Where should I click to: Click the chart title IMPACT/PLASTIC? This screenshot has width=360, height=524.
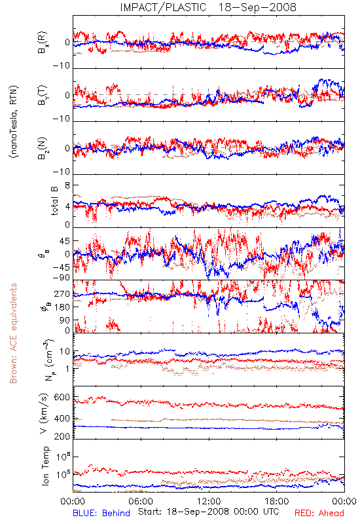coord(163,7)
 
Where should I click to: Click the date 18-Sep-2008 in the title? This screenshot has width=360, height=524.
coord(257,7)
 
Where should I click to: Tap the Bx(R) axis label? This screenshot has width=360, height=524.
coord(43,43)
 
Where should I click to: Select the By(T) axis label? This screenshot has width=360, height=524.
coord(43,95)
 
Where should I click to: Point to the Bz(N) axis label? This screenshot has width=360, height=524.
coord(43,148)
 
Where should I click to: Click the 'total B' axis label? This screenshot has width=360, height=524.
coord(54,201)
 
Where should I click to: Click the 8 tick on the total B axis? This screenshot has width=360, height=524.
coord(67,185)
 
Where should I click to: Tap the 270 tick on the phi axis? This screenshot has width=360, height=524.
coord(62,293)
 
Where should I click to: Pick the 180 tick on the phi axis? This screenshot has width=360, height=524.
coord(62,307)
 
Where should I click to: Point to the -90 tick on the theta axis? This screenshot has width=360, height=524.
coord(62,278)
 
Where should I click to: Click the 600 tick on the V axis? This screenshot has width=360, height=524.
coord(62,398)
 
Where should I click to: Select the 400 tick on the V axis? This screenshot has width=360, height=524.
coord(62,419)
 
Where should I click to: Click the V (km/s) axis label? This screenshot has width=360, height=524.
coord(44,413)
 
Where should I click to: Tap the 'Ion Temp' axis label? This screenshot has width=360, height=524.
coord(45,466)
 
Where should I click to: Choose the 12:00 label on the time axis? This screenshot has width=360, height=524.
coord(209,501)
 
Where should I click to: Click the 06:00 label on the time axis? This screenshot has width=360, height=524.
coord(141,501)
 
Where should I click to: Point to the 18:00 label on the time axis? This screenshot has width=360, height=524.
coord(277,501)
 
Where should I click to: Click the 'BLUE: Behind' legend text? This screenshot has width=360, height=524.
coord(101,513)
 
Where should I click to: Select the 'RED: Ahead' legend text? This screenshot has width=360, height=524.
coord(319,513)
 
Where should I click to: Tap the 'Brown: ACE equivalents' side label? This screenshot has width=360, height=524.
coord(13,333)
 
